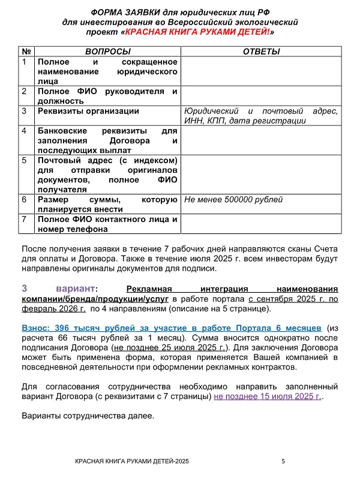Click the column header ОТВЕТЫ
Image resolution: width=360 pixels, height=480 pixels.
tap(261, 52)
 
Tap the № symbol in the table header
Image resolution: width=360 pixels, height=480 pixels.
tap(28, 52)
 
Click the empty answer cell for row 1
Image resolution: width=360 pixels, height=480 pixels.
tap(261, 71)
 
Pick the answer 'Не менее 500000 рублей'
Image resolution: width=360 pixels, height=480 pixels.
tap(233, 200)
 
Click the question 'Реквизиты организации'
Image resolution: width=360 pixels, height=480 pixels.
tap(88, 111)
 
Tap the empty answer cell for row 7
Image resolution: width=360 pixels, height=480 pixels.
tap(261, 224)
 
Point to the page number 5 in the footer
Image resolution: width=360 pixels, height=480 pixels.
tap(283, 461)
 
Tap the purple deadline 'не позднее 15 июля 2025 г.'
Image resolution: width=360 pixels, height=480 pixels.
tap(268, 397)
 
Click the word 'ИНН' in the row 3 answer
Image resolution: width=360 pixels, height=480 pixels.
tap(193, 121)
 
